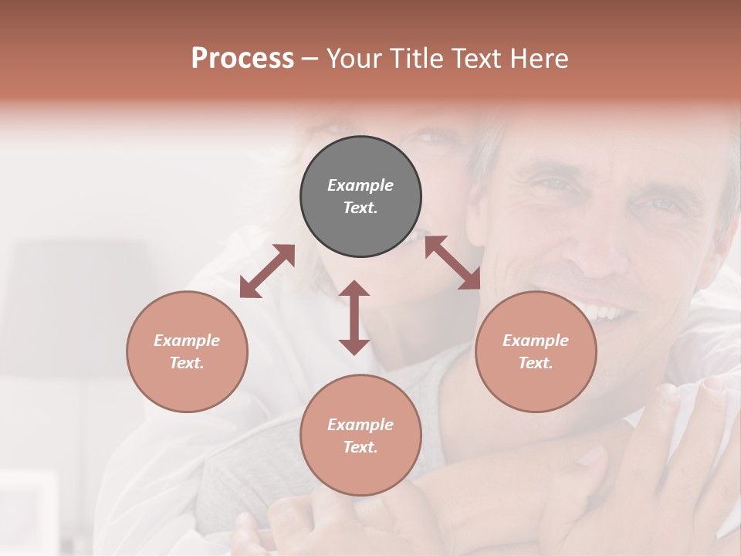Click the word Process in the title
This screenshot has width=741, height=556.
point(242,59)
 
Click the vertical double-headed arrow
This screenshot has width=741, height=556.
point(354,317)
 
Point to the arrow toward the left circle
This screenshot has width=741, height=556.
point(267,271)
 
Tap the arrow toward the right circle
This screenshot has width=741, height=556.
point(452,263)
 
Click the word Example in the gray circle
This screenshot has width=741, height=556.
point(360,185)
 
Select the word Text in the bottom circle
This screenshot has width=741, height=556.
point(360,447)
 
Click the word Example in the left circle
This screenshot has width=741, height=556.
point(187,341)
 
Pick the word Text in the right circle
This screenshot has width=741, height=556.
point(535,363)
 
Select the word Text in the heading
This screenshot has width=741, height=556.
point(474,59)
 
